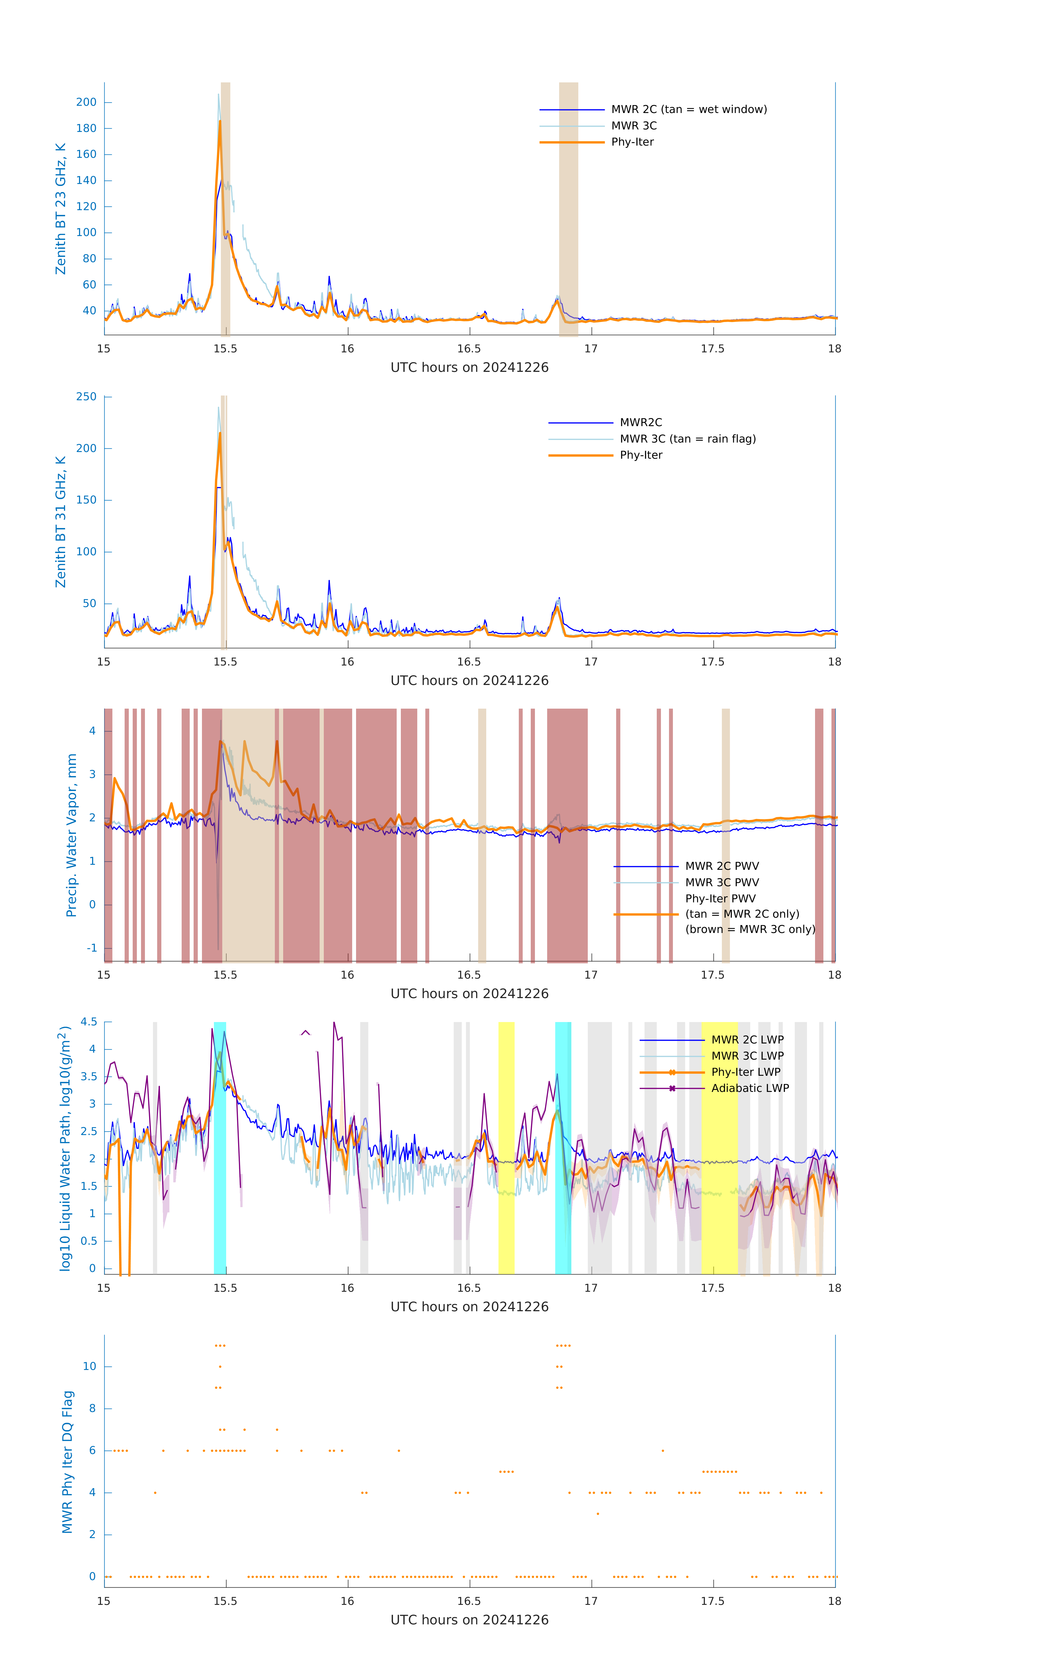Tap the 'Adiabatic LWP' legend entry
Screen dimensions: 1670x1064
tap(749, 1088)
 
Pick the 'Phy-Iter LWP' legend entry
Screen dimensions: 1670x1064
tap(745, 1072)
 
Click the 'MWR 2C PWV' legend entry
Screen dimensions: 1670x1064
tap(722, 866)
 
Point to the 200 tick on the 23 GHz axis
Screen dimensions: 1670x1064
tap(87, 102)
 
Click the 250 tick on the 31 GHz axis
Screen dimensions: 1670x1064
tap(87, 397)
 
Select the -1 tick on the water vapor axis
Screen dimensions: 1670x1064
tap(92, 948)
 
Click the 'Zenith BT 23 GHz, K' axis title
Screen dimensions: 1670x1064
tap(61, 209)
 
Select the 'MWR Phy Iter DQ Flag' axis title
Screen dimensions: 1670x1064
tap(67, 1462)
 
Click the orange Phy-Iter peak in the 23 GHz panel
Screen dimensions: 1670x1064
tap(220, 122)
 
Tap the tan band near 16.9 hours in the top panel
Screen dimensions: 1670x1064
tap(568, 208)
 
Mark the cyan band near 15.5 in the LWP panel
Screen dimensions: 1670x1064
tap(220, 1148)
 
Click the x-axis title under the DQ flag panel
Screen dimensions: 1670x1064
tap(469, 1620)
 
